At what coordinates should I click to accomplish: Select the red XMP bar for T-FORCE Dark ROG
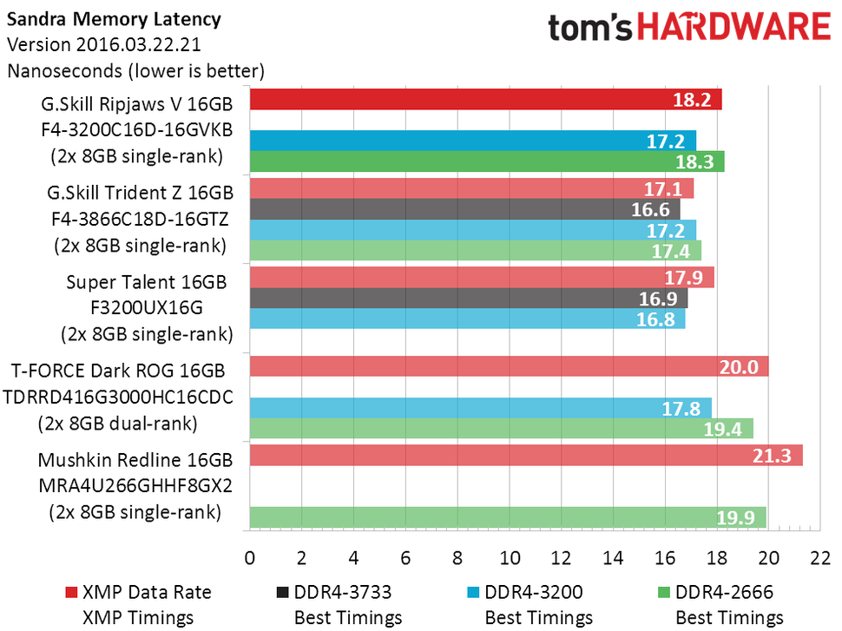pyautogui.click(x=509, y=366)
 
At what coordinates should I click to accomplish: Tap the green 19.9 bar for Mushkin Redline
pyautogui.click(x=507, y=518)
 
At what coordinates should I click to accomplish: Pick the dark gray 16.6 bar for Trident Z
pyautogui.click(x=464, y=209)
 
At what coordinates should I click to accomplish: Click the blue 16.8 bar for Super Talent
pyautogui.click(x=466, y=319)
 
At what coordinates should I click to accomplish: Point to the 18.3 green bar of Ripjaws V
pyautogui.click(x=486, y=161)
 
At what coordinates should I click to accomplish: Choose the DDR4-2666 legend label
pyautogui.click(x=725, y=593)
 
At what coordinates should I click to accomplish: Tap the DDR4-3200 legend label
pyautogui.click(x=534, y=593)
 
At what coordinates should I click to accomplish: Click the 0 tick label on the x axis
pyautogui.click(x=249, y=556)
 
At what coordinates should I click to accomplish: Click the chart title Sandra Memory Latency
pyautogui.click(x=114, y=19)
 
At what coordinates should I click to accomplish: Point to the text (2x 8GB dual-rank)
pyautogui.click(x=130, y=424)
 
